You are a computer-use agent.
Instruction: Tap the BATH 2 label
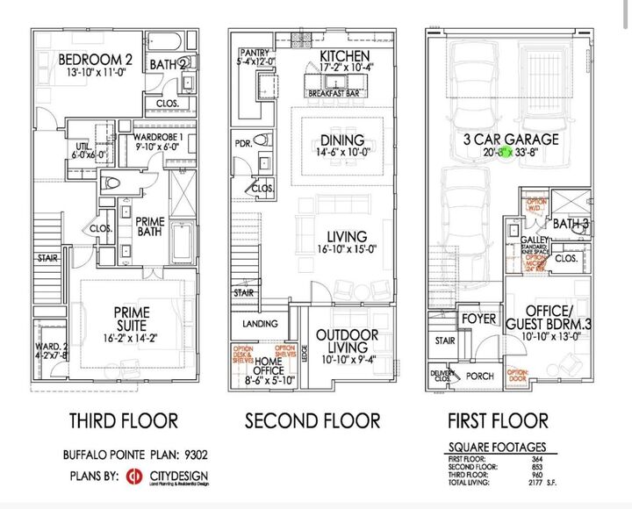pos(169,64)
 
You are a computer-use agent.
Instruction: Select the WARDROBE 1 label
pos(159,138)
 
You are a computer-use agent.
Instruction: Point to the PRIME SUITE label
pos(131,312)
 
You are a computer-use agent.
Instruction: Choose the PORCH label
pos(481,376)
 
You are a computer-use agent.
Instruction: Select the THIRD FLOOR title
pos(124,421)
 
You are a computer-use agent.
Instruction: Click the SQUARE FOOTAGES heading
pos(497,447)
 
